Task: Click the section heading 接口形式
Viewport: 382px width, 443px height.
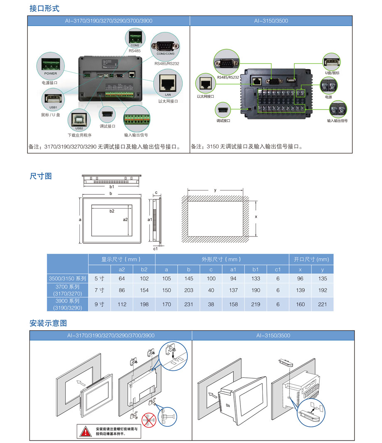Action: [x=44, y=8]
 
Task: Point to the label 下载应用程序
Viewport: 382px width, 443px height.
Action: [x=79, y=135]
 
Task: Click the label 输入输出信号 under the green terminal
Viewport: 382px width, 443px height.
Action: [x=136, y=135]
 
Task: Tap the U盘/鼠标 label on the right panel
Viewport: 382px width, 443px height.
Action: [x=332, y=73]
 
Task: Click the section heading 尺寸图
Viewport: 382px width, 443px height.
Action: [x=41, y=176]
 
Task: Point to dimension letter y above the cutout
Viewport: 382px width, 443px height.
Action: [x=215, y=190]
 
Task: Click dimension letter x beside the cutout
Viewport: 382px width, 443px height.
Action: [x=256, y=217]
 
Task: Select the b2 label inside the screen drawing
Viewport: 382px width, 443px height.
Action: [x=112, y=211]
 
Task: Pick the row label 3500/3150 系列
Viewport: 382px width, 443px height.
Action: [x=68, y=278]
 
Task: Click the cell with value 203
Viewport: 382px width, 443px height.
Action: [x=189, y=290]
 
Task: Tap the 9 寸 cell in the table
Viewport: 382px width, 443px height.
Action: [x=99, y=304]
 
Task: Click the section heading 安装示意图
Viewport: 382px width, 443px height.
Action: [x=48, y=323]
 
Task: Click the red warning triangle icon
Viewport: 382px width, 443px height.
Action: [x=86, y=431]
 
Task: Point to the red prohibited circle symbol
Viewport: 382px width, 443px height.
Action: [x=150, y=420]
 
